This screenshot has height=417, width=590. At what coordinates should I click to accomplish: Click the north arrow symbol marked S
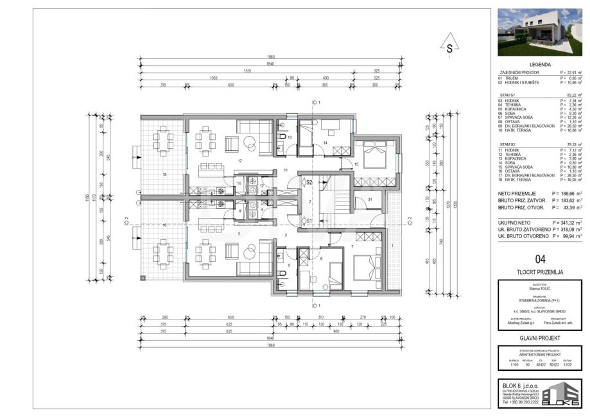pyautogui.click(x=450, y=47)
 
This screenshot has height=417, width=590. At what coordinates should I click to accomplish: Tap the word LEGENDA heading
pyautogui.click(x=540, y=65)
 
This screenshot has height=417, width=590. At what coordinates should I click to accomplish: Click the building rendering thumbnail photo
pyautogui.click(x=540, y=33)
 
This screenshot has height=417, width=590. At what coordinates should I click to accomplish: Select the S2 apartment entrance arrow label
pyautogui.click(x=308, y=183)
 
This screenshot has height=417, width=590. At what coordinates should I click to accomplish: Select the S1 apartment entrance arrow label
pyautogui.click(x=308, y=221)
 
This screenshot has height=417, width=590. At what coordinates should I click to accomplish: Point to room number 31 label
pyautogui.click(x=370, y=200)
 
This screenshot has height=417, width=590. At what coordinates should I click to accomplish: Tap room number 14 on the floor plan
pyautogui.click(x=325, y=142)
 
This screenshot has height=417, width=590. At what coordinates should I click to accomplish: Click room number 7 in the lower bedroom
pyautogui.click(x=352, y=246)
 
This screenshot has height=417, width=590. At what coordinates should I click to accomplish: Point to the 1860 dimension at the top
pyautogui.click(x=271, y=57)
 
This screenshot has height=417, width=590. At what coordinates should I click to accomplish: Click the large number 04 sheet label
pyautogui.click(x=540, y=259)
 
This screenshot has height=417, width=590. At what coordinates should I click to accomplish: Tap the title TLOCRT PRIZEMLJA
pyautogui.click(x=540, y=272)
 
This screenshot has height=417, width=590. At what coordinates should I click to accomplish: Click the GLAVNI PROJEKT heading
pyautogui.click(x=540, y=337)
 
